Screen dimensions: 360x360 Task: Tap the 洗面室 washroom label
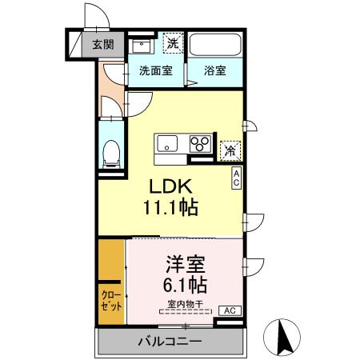point(157,70)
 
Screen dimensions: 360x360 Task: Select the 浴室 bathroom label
point(214,70)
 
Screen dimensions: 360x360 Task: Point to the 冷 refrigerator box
point(230,148)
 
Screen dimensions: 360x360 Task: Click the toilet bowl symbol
point(111,151)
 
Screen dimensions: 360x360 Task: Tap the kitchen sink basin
point(167,144)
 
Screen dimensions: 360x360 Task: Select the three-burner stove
point(198,144)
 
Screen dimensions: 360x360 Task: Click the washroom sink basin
point(141,45)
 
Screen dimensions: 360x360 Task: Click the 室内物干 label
point(186,302)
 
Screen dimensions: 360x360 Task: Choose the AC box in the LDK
point(238,178)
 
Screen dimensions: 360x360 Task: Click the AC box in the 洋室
point(227,310)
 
